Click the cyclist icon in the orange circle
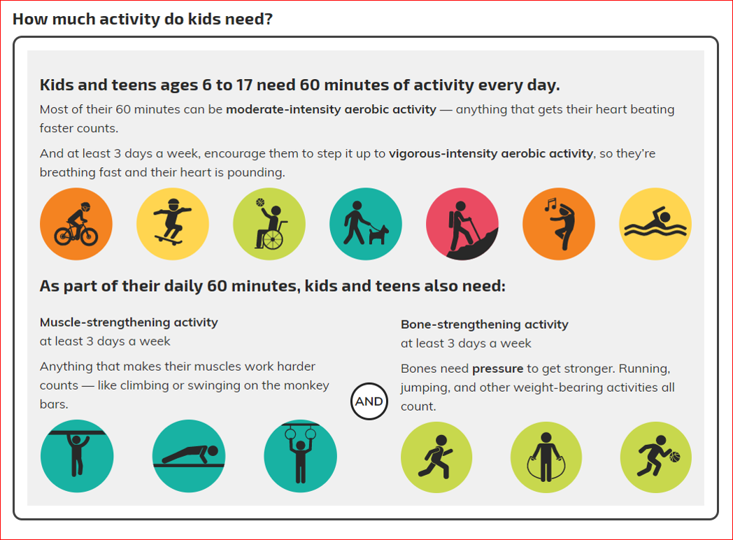coord(76,224)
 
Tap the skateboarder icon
coord(173,224)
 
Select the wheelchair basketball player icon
coord(269,224)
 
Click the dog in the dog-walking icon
coord(378,234)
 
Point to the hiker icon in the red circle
coord(462,224)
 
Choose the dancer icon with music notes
coord(559,224)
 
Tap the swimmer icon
coord(655,224)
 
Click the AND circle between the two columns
coord(369,401)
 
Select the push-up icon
coord(189,456)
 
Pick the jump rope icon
coord(546,457)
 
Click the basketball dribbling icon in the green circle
coord(656,457)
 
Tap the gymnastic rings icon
coord(300,456)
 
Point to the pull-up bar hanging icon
coord(77,456)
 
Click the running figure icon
coord(436,457)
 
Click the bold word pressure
coord(497,369)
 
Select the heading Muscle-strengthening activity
coord(129,322)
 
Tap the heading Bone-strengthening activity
coord(484,325)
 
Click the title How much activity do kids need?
coord(143,19)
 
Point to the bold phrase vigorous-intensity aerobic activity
coord(491,154)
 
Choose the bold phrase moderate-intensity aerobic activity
coord(331,109)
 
